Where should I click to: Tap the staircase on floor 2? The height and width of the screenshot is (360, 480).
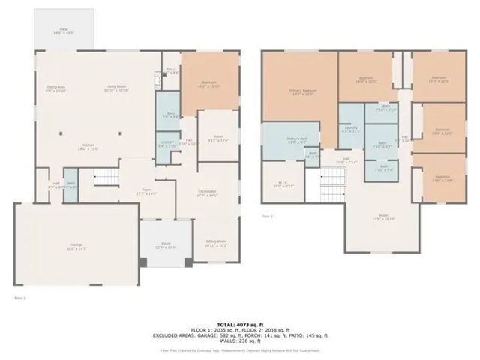click(x=332, y=178)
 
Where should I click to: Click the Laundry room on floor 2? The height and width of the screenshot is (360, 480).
click(x=350, y=129)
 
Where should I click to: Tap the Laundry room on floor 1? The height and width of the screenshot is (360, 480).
click(x=166, y=143)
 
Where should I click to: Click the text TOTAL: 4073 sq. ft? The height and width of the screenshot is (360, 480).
click(x=240, y=320)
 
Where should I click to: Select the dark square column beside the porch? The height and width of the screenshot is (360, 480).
click(x=143, y=261)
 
